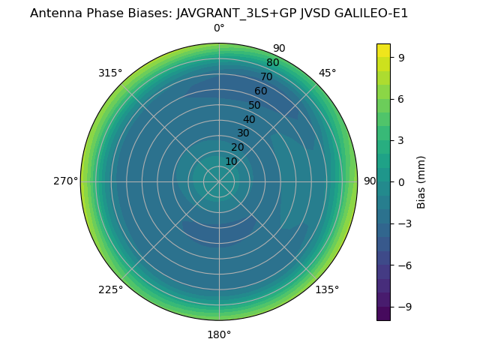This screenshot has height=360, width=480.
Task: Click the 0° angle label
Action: [x=219, y=28]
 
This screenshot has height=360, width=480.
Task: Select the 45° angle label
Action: [x=327, y=73]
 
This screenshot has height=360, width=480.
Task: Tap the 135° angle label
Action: [x=327, y=289]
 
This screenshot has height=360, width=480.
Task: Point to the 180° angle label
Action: [x=219, y=334]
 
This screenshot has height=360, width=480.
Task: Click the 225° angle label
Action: [x=110, y=289]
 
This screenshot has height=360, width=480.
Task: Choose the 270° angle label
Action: [x=65, y=181]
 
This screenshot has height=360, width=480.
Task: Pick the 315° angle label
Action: [x=110, y=73]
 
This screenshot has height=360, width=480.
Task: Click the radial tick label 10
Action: [x=231, y=161]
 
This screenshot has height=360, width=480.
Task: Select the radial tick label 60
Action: [x=261, y=91]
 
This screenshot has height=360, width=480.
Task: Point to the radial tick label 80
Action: [x=273, y=63]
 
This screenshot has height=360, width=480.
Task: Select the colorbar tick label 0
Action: [x=402, y=181]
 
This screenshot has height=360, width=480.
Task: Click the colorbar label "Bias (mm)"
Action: [x=421, y=181]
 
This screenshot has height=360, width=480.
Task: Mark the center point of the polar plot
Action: [x=219, y=181]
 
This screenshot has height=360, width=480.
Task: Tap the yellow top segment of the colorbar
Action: [x=383, y=50]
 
